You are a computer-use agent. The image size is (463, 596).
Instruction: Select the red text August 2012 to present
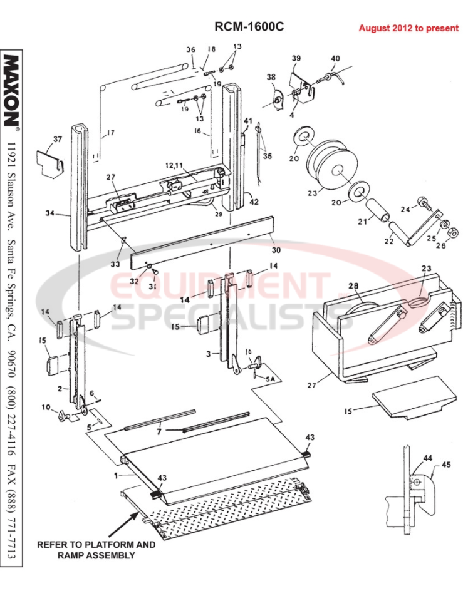coord(408,29)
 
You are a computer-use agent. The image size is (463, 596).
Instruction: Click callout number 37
coord(57,139)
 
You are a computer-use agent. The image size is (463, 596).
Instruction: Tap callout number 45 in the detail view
coord(446,464)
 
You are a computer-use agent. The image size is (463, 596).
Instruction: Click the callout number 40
coord(335,59)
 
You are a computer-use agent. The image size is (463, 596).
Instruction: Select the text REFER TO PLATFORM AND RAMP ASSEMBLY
coord(96,550)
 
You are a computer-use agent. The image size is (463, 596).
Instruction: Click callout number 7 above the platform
coord(159,431)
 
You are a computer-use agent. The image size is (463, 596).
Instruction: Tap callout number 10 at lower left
coord(46,408)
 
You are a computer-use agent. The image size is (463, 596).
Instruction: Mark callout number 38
coord(271,78)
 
